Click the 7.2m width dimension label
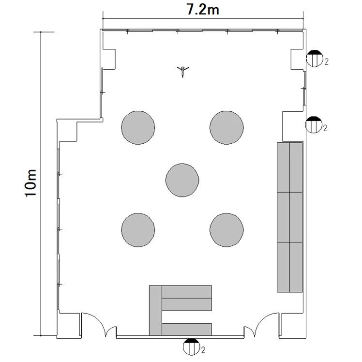click(x=202, y=10)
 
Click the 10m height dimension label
click(x=30, y=183)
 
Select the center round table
click(x=182, y=180)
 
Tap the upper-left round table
click(x=138, y=128)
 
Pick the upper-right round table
click(x=226, y=128)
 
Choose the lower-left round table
click(x=138, y=230)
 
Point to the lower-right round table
click(x=226, y=230)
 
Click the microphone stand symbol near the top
click(x=183, y=71)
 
